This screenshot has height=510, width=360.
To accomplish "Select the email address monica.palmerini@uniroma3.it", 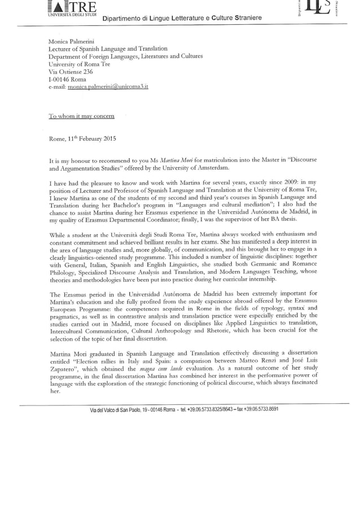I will click(107, 88).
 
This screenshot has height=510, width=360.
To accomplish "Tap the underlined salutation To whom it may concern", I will click(81, 116).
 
